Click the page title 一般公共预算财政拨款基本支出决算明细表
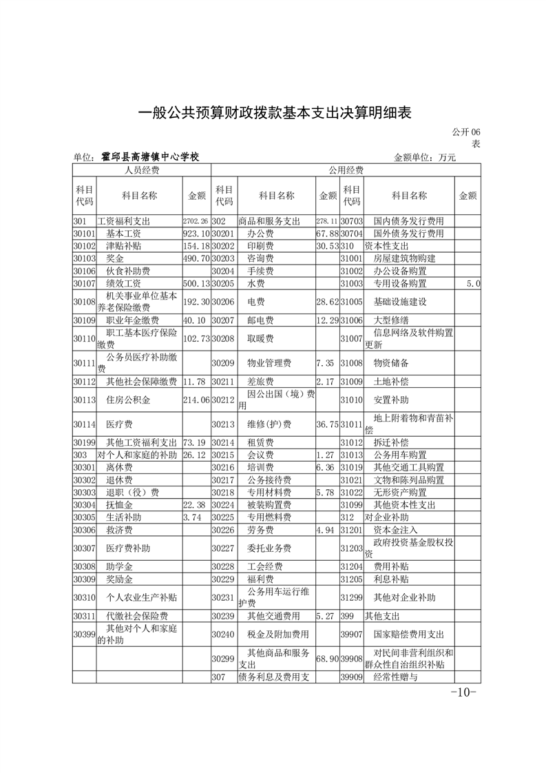(x=275, y=113)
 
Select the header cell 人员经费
(x=141, y=170)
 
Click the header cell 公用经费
(x=346, y=170)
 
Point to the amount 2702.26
(x=196, y=222)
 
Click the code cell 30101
(x=83, y=234)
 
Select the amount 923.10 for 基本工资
(x=196, y=234)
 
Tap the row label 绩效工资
(x=124, y=283)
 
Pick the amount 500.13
(x=196, y=283)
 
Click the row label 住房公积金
(x=124, y=398)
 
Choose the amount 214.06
(x=196, y=398)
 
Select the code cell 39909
(x=351, y=677)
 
